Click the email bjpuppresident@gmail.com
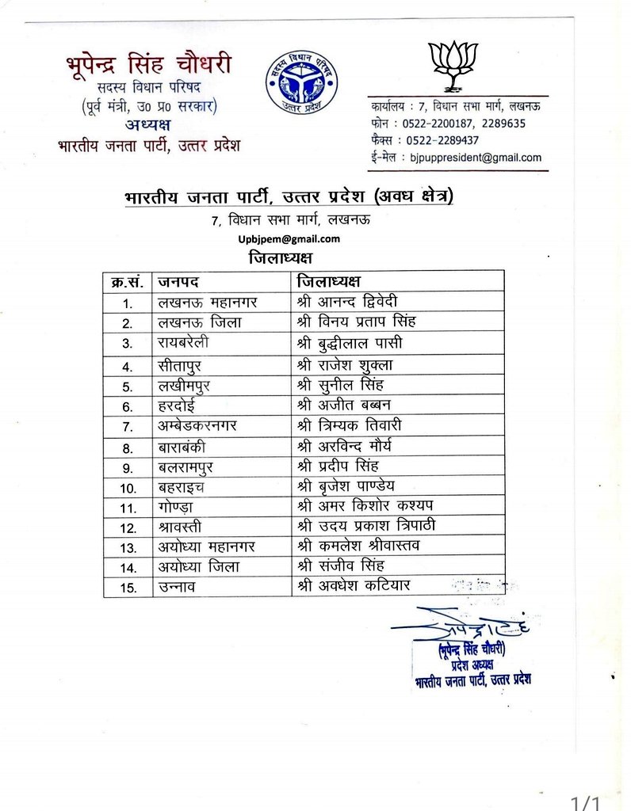tap(475, 158)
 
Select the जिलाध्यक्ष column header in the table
tap(328, 281)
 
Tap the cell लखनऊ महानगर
tap(208, 303)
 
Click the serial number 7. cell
tap(128, 426)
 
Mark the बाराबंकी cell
tap(183, 447)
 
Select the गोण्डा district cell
tap(175, 506)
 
